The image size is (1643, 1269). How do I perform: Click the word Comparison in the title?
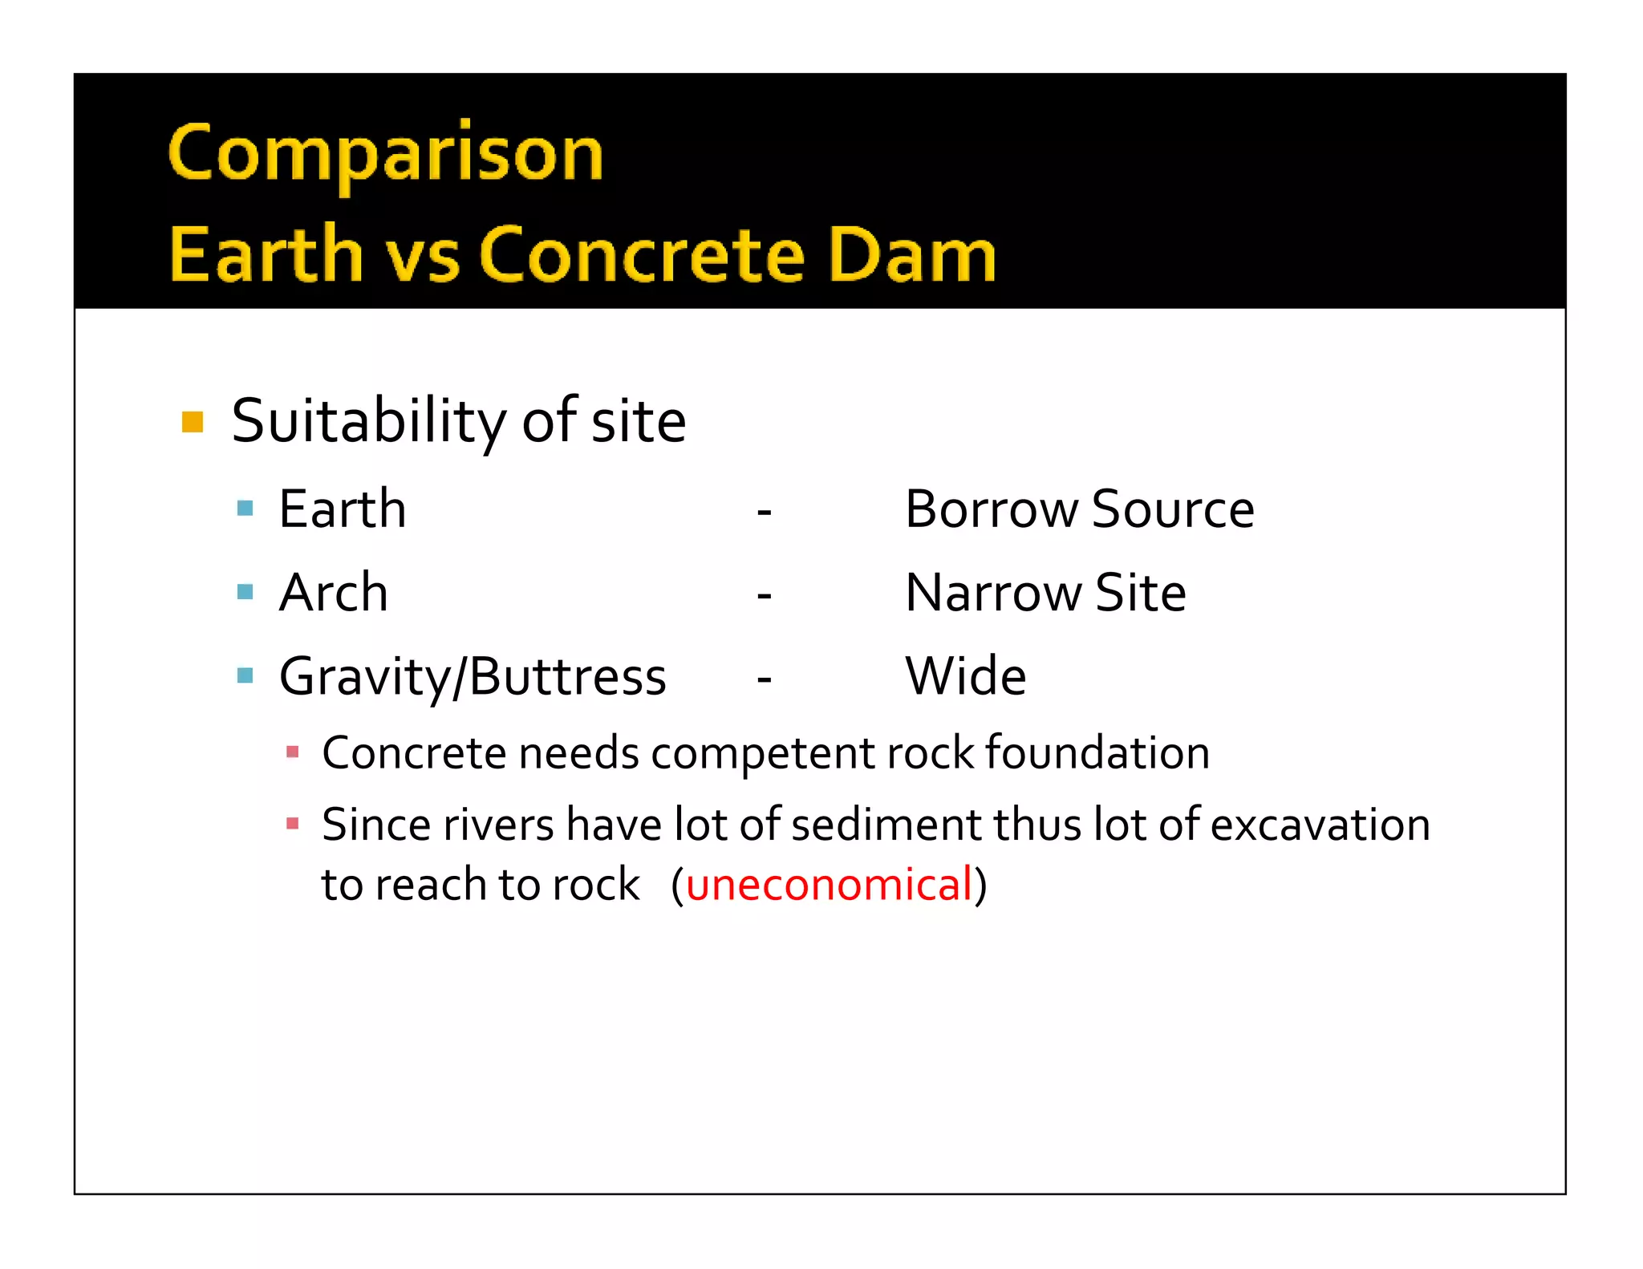(385, 154)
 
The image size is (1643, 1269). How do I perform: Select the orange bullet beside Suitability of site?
(193, 422)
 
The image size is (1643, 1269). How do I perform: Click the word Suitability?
(368, 422)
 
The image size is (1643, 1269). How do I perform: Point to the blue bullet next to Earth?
(245, 509)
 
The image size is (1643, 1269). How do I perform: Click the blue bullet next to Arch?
(245, 593)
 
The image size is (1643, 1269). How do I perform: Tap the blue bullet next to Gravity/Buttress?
(245, 676)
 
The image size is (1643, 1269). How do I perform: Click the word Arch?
(333, 593)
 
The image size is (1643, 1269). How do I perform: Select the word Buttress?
(567, 676)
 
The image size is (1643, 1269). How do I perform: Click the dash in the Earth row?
(764, 512)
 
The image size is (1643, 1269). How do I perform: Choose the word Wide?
(965, 676)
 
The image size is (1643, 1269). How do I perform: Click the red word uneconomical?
(830, 885)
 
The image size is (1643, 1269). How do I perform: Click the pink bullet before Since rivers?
(293, 824)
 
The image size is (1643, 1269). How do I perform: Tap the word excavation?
(1320, 825)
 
